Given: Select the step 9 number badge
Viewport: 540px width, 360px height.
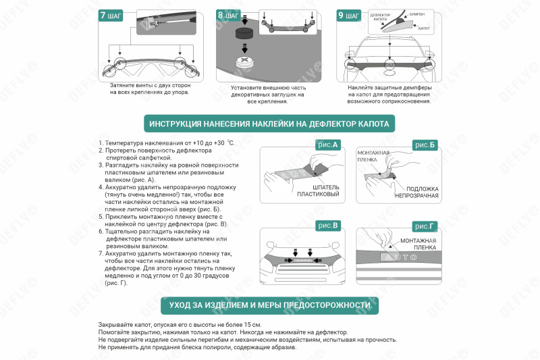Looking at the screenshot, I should tap(348, 15).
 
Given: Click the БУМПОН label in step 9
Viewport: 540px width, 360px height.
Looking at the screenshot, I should tap(416, 13).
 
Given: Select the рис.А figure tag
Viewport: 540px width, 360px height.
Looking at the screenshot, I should tap(327, 144).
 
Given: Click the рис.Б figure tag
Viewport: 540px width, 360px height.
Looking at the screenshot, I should tap(425, 145).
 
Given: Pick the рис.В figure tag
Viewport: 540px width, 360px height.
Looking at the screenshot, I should tap(327, 225).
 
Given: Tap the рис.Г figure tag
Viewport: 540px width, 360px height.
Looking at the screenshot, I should tap(425, 226).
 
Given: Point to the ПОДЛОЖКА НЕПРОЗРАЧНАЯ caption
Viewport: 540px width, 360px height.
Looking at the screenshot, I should tap(417, 192).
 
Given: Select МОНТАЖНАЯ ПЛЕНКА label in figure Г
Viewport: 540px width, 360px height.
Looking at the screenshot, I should tap(418, 245).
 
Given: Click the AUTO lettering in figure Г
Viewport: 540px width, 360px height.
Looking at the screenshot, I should tap(398, 257).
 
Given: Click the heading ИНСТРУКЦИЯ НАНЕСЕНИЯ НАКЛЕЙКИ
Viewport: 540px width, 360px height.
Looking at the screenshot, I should tap(269, 124).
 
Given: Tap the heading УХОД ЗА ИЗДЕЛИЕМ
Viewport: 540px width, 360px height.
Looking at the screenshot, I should tap(269, 305).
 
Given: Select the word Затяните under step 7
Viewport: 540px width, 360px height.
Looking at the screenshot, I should tap(123, 86).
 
